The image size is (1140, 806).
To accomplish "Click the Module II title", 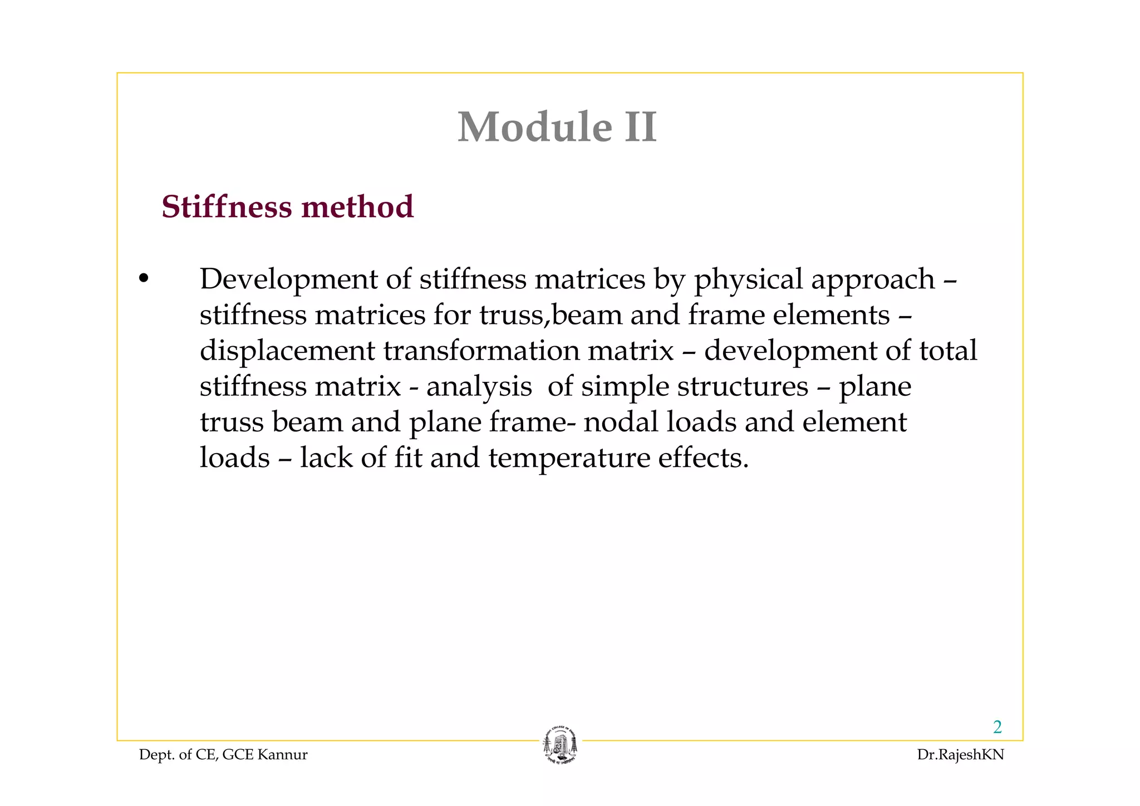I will pos(557,127).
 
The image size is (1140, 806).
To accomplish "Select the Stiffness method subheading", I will pos(287,207).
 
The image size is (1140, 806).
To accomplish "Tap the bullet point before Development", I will pos(144,278).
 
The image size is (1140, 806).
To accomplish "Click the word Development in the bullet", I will pos(288,279).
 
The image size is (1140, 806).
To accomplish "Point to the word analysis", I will pos(479,387).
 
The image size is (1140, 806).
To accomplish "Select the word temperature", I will pos(569,459).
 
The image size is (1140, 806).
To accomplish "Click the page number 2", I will pos(997,727).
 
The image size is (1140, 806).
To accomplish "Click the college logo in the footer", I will pos(560,746).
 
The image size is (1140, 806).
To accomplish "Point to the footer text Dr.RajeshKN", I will pos(960,755).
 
